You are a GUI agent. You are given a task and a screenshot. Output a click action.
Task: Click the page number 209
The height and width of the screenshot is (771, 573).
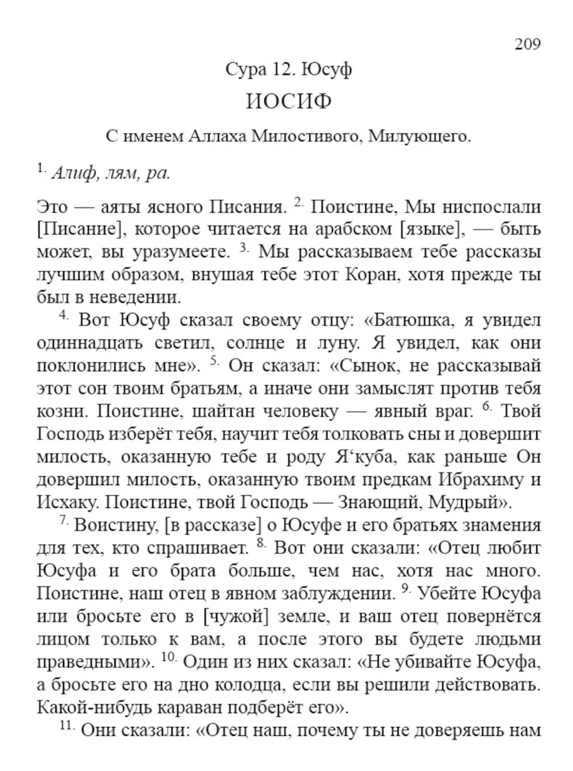[x=527, y=44]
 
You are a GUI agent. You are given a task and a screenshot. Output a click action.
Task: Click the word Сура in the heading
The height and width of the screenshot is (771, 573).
[x=243, y=70]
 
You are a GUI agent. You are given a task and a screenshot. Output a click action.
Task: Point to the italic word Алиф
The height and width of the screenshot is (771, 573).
[x=75, y=173]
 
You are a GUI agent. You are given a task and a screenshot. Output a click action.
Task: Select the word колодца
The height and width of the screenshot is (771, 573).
[x=252, y=685]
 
